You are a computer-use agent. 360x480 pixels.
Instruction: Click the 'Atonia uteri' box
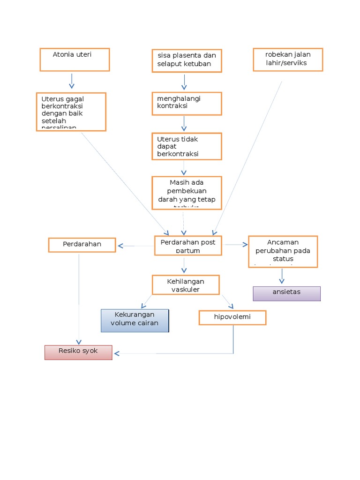click(75, 60)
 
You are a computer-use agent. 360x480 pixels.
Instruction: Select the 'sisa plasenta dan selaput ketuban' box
click(187, 60)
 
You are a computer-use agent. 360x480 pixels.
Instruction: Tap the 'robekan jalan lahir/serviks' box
click(288, 60)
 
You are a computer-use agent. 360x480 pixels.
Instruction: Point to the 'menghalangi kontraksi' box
click(187, 104)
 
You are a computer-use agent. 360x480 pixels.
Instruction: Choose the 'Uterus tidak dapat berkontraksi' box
click(187, 146)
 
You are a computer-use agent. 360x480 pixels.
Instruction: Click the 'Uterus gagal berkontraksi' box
click(71, 112)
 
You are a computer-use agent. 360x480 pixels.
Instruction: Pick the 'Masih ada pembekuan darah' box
click(187, 193)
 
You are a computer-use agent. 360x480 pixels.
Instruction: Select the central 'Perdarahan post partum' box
click(188, 246)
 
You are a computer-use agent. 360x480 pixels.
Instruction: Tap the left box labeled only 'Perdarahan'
click(82, 245)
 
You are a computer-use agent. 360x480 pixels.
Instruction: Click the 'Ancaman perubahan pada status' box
click(283, 252)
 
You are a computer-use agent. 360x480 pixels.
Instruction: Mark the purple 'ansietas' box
click(286, 293)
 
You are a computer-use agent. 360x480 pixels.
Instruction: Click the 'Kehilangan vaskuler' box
click(186, 285)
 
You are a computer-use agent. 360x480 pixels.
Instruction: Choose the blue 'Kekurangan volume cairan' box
click(135, 321)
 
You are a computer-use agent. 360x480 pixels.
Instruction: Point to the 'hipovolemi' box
click(232, 317)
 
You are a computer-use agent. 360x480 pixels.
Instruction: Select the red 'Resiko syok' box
click(78, 352)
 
